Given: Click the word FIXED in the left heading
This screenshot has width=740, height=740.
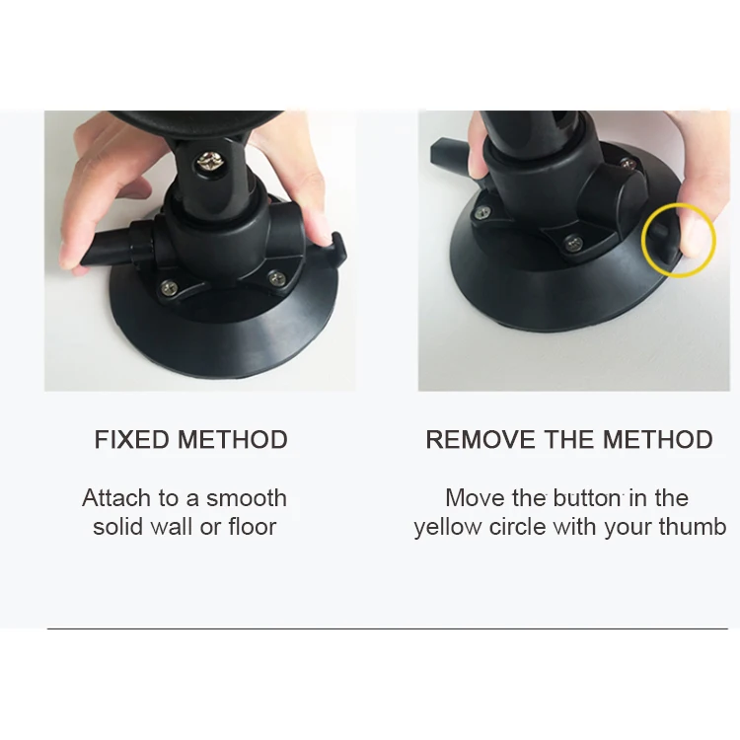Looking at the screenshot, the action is [131, 439].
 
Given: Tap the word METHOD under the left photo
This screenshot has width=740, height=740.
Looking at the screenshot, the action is [232, 439].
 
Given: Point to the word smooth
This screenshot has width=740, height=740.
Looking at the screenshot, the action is [247, 498].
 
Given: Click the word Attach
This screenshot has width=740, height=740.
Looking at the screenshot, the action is [116, 498].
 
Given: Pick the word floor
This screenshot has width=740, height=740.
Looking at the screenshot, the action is [253, 527].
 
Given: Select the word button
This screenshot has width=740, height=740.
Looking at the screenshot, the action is [587, 498].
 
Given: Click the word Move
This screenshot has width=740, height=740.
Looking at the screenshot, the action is [475, 498].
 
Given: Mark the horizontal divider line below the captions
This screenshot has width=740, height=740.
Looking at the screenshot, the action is [388, 629].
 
